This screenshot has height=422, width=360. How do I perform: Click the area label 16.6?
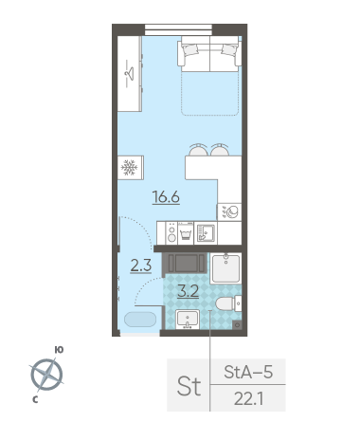[166, 197]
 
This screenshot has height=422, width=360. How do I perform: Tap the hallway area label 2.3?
[141, 266]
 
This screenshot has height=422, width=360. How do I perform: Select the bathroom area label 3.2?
[189, 291]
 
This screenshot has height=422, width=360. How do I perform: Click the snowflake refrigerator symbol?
[130, 168]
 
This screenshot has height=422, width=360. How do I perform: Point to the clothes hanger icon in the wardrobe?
[129, 74]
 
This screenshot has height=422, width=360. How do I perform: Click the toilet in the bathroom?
[228, 303]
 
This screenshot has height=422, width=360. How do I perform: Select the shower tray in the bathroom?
[225, 268]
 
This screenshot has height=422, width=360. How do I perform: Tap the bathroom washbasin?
[188, 320]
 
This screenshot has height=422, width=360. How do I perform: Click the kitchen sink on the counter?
[206, 233]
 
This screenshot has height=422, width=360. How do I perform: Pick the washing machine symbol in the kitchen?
[186, 233]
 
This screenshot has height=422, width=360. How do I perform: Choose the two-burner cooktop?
[171, 233]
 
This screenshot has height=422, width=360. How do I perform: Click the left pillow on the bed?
[190, 49]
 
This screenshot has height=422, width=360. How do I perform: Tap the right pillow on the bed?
[229, 49]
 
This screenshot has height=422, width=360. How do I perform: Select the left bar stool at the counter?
[198, 150]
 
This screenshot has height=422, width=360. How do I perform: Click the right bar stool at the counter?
[220, 150]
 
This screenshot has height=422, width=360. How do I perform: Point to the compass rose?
[46, 375]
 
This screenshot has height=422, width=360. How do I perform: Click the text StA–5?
[248, 372]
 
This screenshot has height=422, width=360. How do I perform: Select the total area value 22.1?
[248, 399]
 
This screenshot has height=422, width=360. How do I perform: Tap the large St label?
[189, 386]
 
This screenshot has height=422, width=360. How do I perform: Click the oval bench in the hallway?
[140, 320]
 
